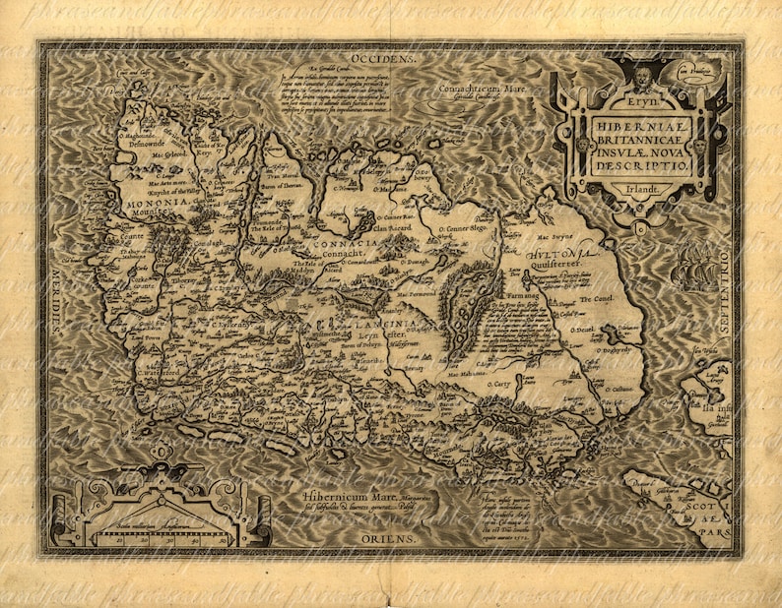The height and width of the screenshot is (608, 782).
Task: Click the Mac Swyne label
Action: coord(554,237)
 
